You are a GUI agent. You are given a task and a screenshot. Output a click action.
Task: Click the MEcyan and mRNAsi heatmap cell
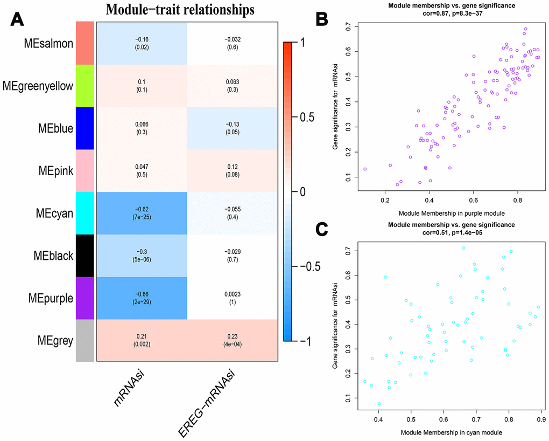point(142,213)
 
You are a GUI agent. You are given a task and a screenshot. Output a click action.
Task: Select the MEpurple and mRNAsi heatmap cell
point(142,298)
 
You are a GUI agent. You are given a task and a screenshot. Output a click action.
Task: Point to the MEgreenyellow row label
point(38,86)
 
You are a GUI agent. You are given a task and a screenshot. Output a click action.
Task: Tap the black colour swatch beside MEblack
point(85,256)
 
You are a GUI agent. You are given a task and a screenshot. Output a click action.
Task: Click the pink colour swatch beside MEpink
point(85,170)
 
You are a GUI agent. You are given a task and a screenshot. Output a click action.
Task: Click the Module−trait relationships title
point(180,10)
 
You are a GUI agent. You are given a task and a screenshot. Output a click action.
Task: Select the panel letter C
point(321,230)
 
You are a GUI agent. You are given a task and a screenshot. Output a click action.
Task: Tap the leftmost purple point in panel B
point(365,169)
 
